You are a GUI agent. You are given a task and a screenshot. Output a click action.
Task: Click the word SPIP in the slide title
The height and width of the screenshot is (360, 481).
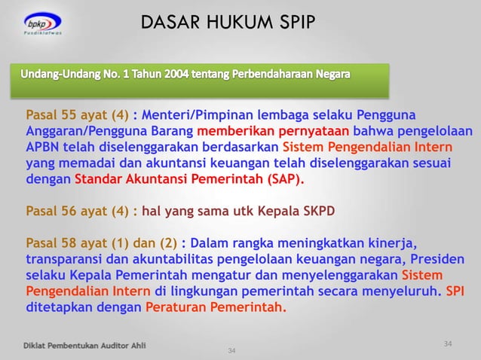point(293,23)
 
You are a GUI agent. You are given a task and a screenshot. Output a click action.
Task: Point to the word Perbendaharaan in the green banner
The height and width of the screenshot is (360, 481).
point(290,77)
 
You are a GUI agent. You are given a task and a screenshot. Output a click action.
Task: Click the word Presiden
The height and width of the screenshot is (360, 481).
point(437,259)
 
